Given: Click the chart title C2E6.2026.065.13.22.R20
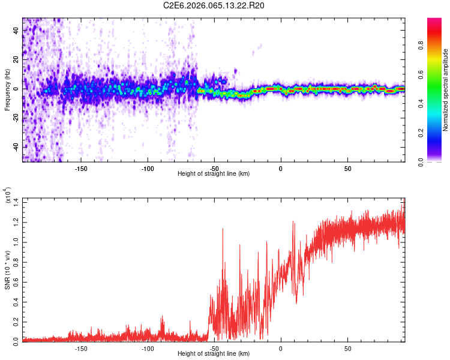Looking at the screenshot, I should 214,5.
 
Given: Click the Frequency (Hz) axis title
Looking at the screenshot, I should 7,90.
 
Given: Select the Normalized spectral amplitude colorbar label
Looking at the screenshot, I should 446,90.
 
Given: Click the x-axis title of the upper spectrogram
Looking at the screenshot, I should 214,173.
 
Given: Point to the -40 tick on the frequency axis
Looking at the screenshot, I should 16,147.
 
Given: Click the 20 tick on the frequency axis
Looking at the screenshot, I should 16,59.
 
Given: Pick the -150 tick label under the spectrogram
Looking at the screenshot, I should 81,168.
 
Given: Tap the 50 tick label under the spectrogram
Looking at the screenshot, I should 348,168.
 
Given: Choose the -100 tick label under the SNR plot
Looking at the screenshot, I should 148,348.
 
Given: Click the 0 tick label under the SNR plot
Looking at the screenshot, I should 280,348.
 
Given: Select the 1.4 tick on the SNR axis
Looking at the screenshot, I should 16,202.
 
